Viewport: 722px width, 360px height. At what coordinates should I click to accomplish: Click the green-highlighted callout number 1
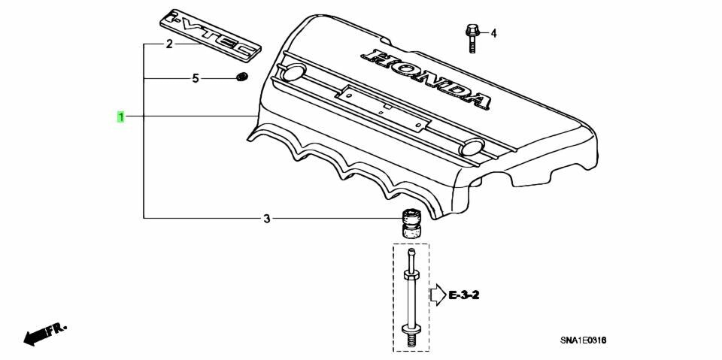(120, 117)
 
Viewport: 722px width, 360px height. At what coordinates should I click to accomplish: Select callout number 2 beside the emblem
(169, 44)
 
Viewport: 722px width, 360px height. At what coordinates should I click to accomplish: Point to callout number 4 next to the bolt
(493, 33)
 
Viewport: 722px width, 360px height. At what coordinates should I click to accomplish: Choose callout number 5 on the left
(196, 79)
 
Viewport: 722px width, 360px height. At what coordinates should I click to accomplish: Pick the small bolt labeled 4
(472, 38)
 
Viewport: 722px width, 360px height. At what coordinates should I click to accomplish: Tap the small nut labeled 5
(241, 77)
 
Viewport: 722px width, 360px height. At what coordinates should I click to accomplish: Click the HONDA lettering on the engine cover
(426, 78)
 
